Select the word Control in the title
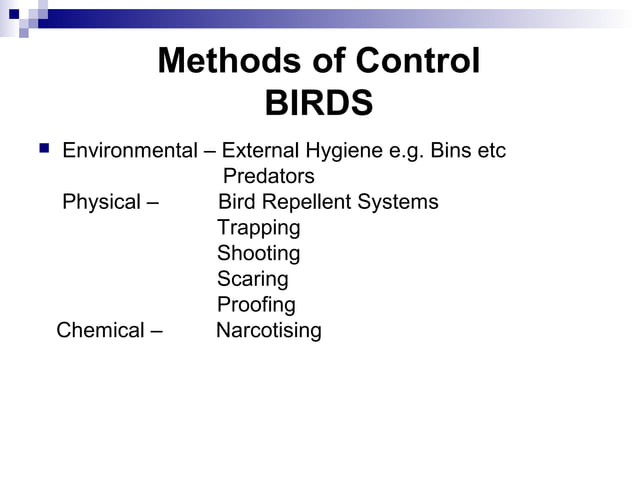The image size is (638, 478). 411,62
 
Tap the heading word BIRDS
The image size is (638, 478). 319,104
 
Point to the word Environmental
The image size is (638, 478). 129,152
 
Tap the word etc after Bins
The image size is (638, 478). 491,152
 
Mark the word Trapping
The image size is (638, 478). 258,228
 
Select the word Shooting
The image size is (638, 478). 258,254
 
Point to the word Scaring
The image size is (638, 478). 252,279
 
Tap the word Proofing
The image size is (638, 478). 256,305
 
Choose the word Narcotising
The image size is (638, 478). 268,330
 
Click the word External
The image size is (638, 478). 257,152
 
